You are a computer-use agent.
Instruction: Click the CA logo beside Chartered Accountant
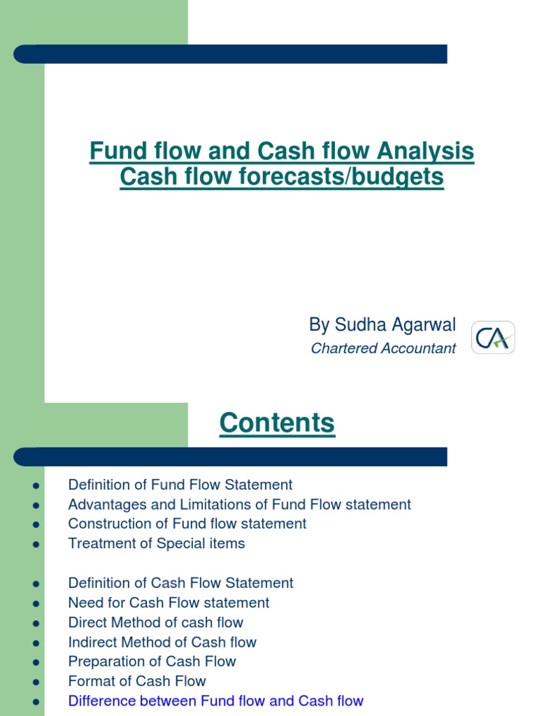point(493,338)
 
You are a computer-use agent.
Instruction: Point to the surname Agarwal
point(424,325)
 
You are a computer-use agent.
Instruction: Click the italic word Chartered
point(345,348)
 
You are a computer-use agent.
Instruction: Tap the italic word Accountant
point(420,348)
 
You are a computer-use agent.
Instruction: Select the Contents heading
point(277,422)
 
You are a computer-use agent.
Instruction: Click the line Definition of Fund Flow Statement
point(180,485)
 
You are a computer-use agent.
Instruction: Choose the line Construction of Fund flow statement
point(187,524)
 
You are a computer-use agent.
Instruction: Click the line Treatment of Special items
point(157,543)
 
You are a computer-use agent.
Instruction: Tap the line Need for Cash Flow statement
point(169,603)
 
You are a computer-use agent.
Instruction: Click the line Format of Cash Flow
point(137,681)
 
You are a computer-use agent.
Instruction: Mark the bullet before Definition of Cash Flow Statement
point(36,584)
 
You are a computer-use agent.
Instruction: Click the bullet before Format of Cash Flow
point(36,682)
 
